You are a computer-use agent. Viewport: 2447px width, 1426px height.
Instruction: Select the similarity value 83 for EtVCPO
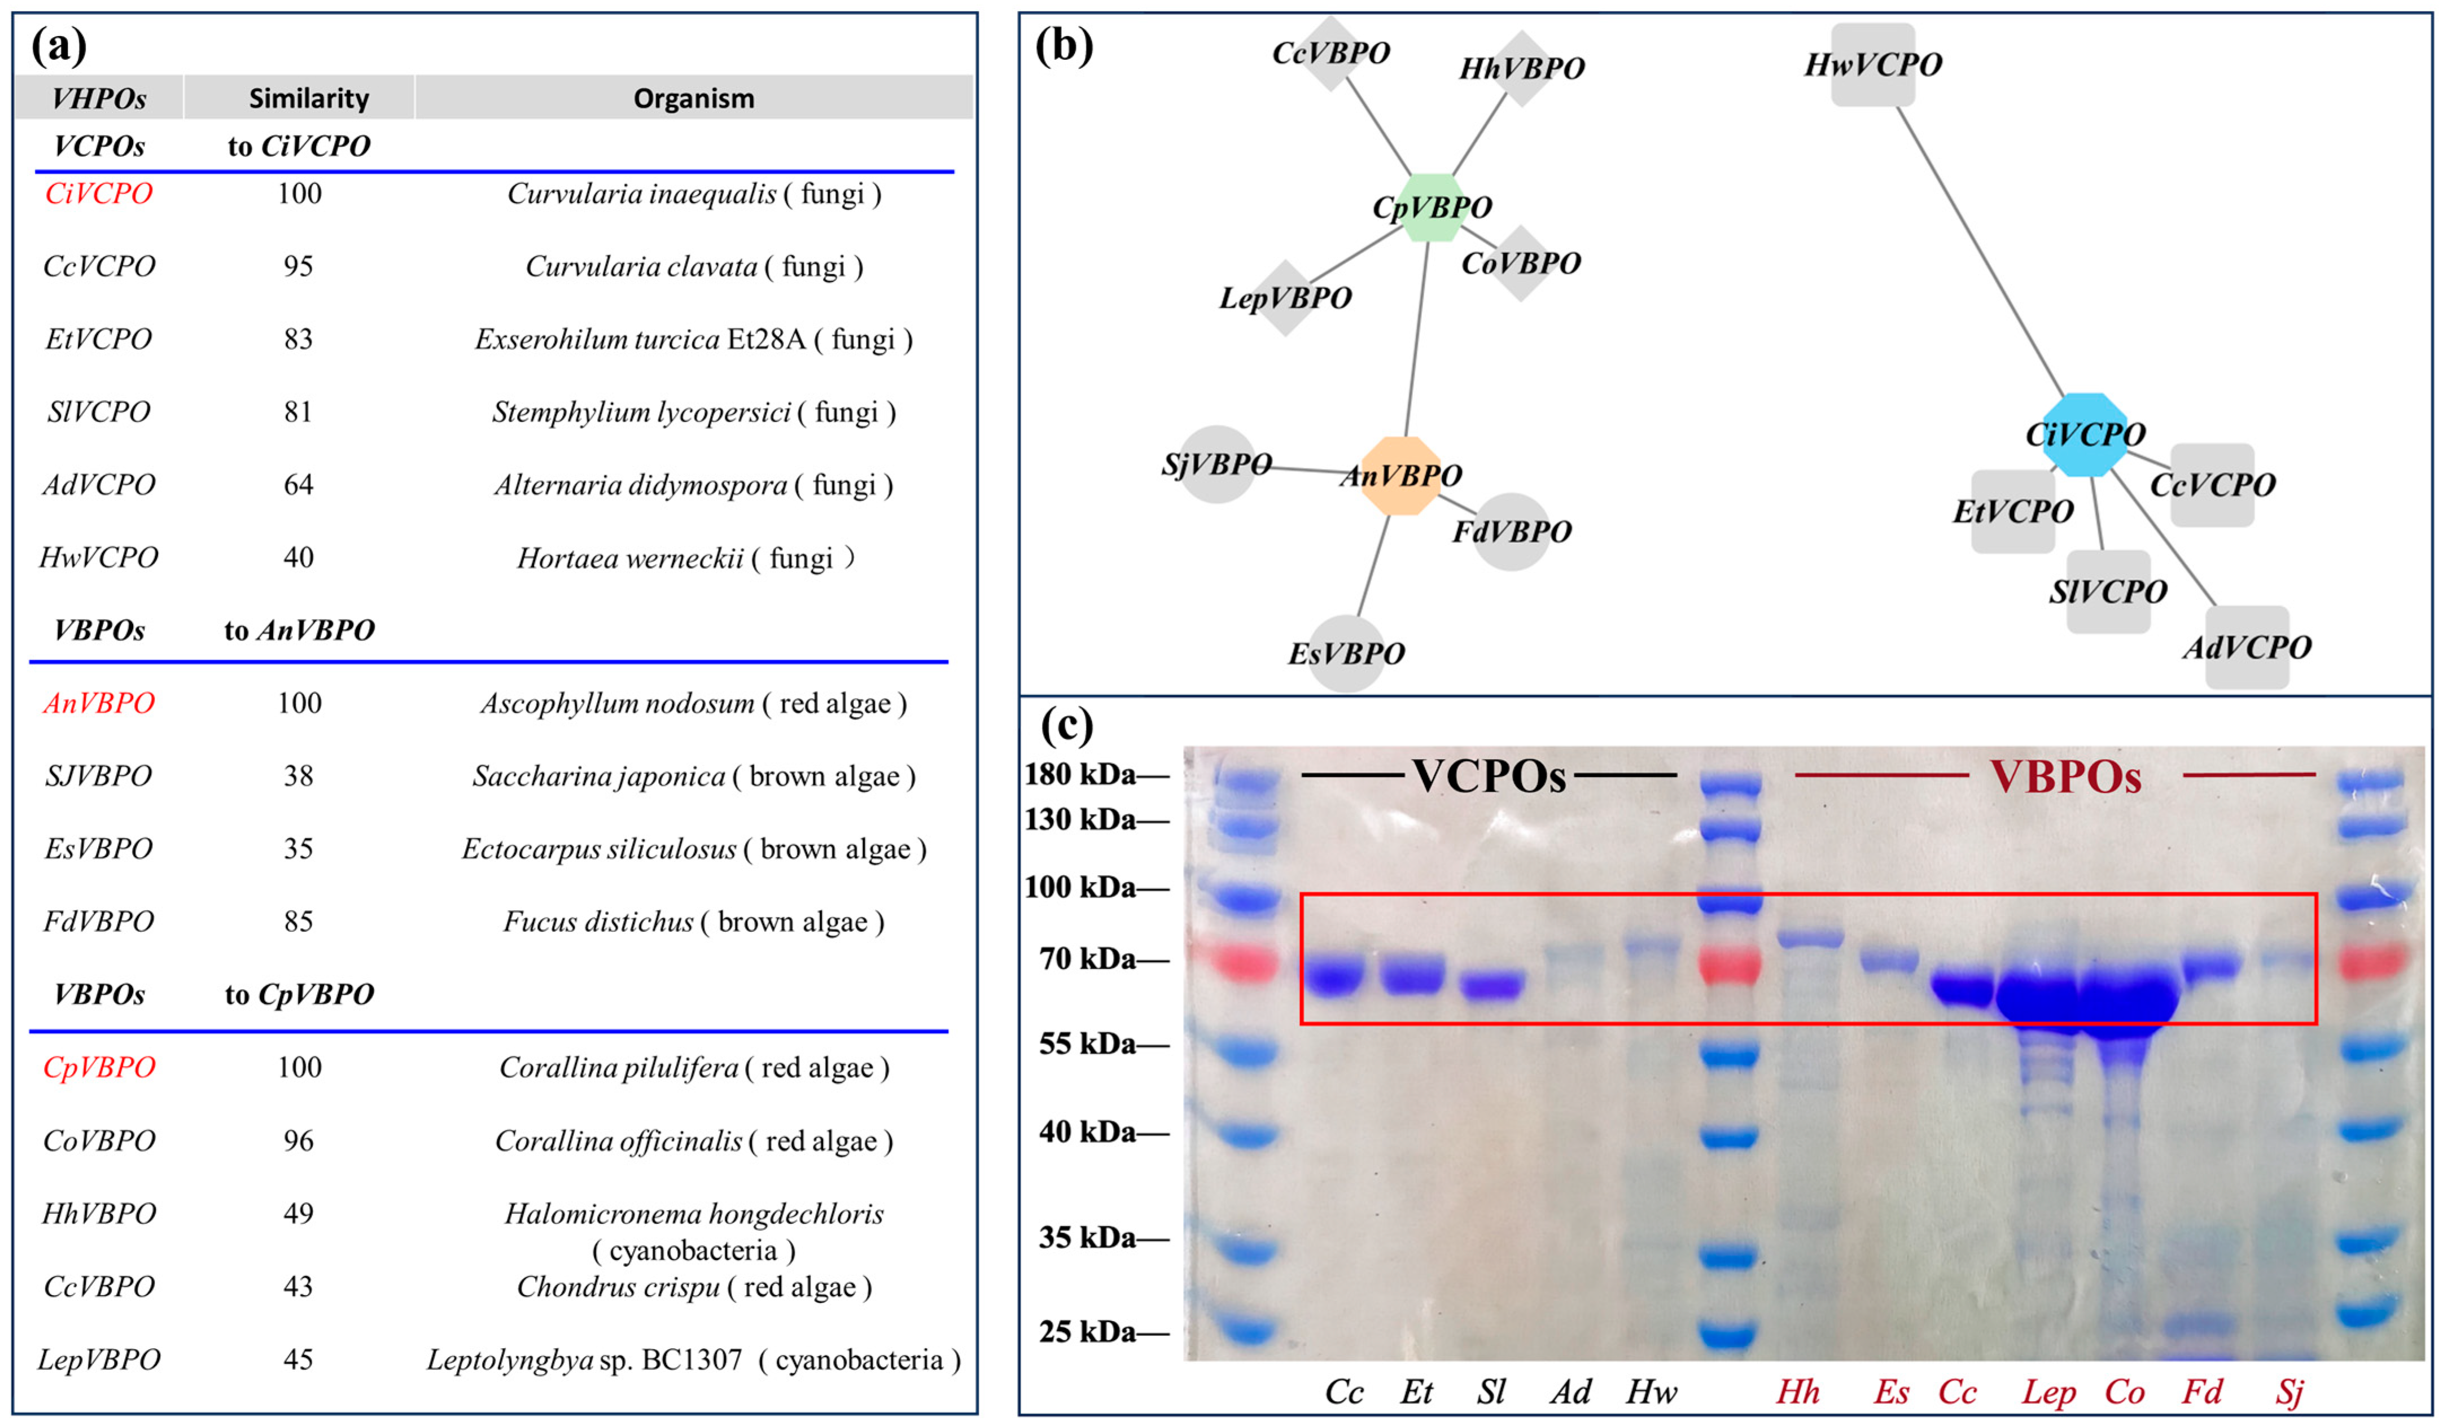(x=298, y=339)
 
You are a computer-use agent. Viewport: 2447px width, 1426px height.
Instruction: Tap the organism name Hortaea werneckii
(x=630, y=558)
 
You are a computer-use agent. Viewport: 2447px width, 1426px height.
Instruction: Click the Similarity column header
(x=309, y=98)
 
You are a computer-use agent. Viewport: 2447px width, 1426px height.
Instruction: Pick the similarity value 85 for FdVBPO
(x=298, y=921)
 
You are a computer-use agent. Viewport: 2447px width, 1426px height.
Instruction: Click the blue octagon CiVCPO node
(x=2084, y=434)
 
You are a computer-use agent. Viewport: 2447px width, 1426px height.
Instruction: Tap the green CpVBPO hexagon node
(x=1432, y=207)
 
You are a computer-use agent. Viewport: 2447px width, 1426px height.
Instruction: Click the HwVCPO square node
(x=1872, y=65)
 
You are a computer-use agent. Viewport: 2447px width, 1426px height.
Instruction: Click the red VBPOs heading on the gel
(x=2065, y=776)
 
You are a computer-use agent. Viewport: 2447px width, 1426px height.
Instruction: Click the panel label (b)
(x=1064, y=46)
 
